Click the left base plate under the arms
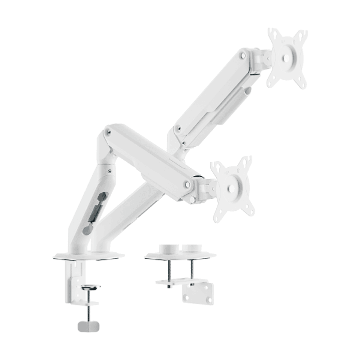(x=88, y=256)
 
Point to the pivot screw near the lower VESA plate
(x=187, y=184)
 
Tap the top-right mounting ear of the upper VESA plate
(x=302, y=35)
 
